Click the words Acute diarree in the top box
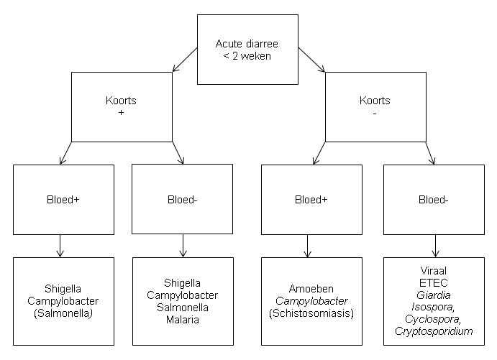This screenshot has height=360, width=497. tap(247, 44)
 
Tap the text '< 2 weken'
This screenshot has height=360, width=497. tap(247, 56)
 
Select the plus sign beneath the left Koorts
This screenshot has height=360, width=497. tap(121, 113)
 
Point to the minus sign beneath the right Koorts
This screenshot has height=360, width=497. tap(375, 114)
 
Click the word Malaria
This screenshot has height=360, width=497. tap(183, 320)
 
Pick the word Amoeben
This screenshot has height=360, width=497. tap(311, 289)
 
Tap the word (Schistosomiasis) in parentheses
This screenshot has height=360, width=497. tap(311, 313)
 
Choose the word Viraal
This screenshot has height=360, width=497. tap(433, 271)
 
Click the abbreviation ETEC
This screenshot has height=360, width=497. tap(433, 282)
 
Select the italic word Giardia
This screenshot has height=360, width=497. tap(433, 295)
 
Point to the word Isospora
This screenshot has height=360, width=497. tap(433, 307)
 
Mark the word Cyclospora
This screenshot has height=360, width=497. tap(433, 319)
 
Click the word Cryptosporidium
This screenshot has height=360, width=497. tap(434, 331)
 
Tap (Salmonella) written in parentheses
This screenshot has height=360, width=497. tap(63, 313)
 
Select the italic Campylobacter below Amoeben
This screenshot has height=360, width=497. tap(311, 301)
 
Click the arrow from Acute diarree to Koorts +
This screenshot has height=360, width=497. tap(185, 60)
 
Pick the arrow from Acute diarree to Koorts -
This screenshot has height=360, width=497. tap(311, 60)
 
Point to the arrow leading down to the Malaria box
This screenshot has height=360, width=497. tap(183, 246)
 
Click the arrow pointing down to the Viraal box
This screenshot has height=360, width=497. tap(436, 246)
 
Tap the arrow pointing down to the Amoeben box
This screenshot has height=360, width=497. tap(307, 246)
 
